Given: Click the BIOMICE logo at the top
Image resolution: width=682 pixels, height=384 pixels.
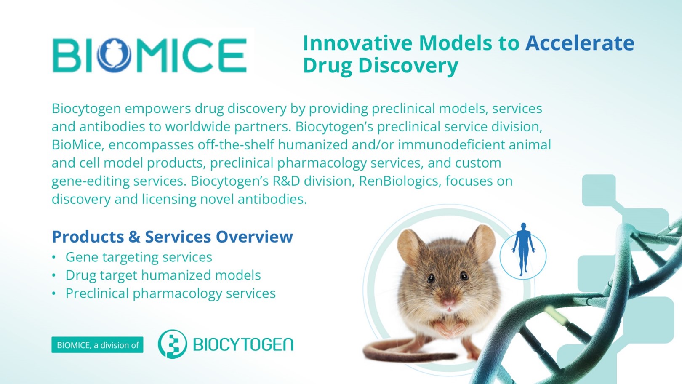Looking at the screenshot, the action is pos(150,55).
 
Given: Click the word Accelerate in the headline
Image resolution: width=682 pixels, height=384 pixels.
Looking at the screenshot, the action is pos(580,43).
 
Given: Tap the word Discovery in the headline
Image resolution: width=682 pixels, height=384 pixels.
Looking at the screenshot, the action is pos(408,66).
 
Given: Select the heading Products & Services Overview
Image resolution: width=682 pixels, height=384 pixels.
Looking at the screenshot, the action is pos(172,236).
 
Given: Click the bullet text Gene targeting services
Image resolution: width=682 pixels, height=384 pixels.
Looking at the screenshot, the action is pos(139,257).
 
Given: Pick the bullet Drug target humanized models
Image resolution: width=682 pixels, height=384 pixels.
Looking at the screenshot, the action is pos(163,275).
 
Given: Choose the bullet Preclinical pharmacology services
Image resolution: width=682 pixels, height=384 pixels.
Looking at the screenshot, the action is pos(170,293).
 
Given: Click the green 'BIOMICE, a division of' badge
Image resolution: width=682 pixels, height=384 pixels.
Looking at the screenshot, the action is pos(97,345).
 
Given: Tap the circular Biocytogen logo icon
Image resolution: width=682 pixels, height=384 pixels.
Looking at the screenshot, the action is pos(172,344).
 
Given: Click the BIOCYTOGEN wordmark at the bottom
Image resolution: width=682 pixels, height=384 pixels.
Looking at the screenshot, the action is pos(243,344).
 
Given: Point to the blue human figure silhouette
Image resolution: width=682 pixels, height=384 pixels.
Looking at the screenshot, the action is pos(523,249).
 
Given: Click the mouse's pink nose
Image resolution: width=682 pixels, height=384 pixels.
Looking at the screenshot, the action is pos(448,302).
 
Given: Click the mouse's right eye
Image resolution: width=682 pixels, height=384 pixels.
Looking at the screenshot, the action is pos(464,276).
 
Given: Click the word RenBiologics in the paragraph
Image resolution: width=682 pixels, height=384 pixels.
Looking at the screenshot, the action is pos(400,181).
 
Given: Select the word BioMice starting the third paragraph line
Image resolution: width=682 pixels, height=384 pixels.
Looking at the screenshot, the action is pos(77,145).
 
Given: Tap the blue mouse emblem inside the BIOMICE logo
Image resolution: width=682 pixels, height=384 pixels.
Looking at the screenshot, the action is pos(114,55).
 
